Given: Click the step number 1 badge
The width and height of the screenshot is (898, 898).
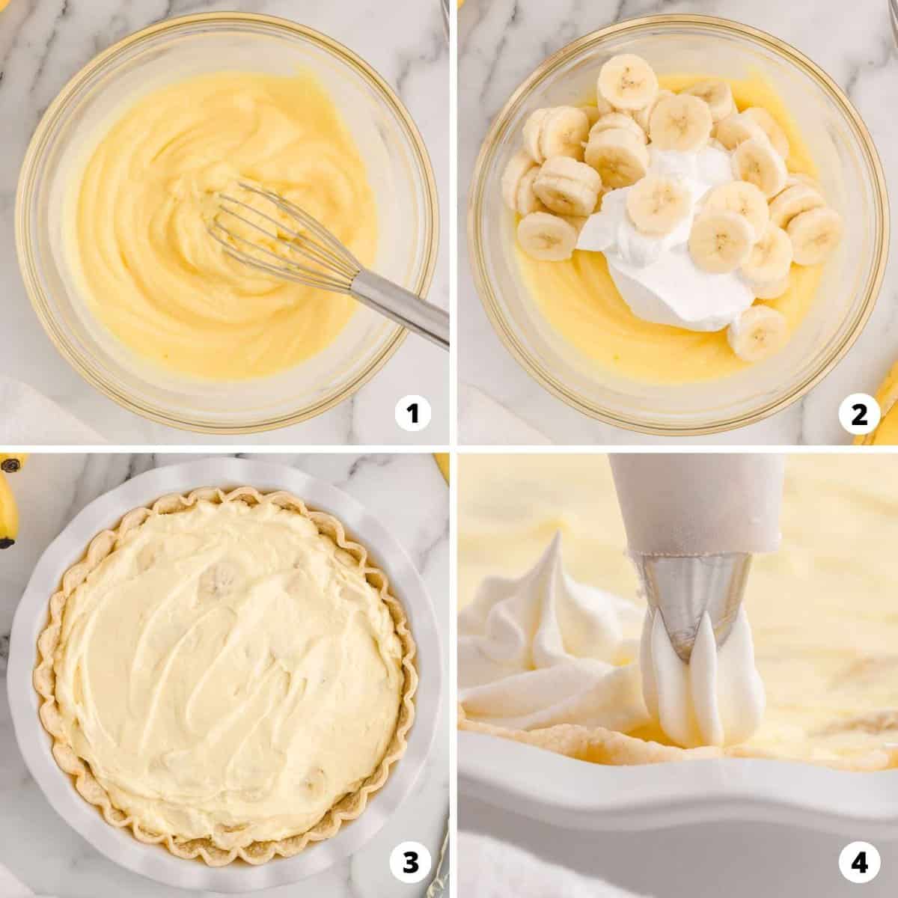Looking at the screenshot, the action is (412, 413).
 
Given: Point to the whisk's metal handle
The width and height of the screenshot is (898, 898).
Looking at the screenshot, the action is (401, 308).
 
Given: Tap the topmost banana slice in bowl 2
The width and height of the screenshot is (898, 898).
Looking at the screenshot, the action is (627, 84).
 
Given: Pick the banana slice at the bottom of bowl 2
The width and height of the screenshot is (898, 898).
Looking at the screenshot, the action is (757, 332).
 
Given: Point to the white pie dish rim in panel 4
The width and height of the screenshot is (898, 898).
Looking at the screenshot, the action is (676, 764).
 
